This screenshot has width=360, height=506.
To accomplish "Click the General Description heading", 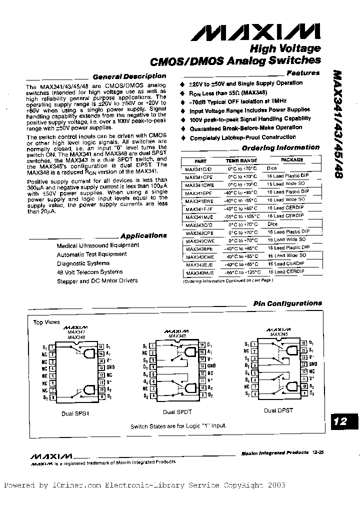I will pos(129,76).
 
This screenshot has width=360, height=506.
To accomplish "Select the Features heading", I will pos(303,73).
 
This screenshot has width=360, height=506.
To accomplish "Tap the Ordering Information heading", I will pos(280,148).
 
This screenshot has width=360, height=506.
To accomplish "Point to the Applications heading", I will pos(143,235).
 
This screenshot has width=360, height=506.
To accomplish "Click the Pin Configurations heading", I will pos(287,303).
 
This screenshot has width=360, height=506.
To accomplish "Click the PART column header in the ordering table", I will pos(200,160).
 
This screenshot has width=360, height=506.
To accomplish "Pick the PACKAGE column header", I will pos(291,160).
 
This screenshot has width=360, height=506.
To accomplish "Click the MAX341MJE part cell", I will pos(199,216).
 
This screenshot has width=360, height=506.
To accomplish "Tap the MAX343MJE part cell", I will pos(199,273).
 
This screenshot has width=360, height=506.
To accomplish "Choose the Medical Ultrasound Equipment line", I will pos(98,245).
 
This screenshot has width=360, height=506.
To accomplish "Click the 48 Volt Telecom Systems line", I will pos(89,272).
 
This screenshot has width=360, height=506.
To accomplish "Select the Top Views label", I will pos(46,322).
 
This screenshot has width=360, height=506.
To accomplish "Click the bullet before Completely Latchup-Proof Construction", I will pos(183,137).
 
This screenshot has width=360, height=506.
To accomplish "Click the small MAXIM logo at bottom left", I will pos(51,456).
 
